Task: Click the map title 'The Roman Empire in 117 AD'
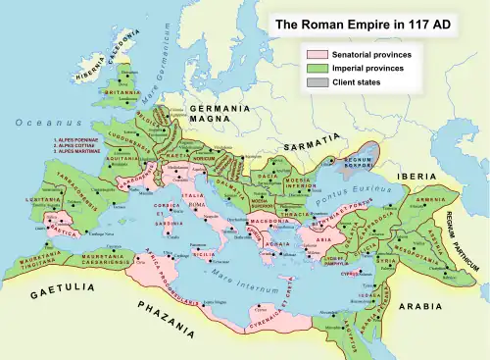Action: pyautogui.click(x=375, y=23)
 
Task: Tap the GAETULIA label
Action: pyautogui.click(x=55, y=292)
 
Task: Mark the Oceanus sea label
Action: pyautogui.click(x=36, y=123)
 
